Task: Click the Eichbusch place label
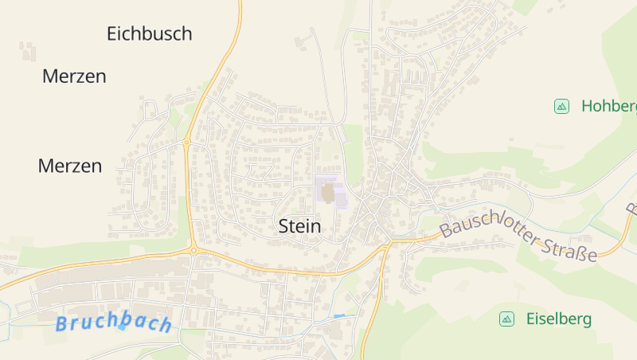149,33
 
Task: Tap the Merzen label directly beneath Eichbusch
74,76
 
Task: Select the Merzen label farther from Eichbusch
70,166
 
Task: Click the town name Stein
300,226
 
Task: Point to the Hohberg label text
609,106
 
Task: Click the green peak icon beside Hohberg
561,106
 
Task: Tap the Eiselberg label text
559,319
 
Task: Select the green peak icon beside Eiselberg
506,319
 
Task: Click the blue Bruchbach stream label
114,323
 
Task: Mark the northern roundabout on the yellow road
186,143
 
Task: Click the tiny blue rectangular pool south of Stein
340,316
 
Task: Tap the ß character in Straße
579,252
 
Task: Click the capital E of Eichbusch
112,33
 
